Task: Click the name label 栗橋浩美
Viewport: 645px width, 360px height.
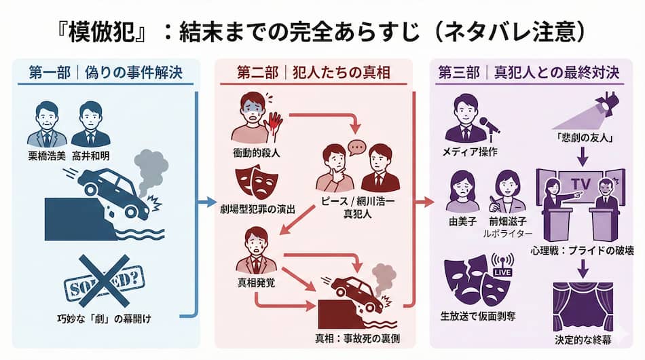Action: coord(47,156)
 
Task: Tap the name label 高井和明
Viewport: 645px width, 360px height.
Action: coord(90,156)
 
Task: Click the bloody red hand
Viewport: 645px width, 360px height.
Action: coord(274,122)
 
